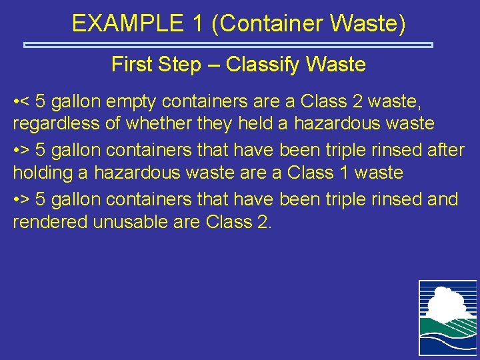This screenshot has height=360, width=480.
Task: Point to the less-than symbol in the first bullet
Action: click(x=25, y=101)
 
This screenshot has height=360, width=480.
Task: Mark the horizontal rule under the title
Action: click(x=229, y=45)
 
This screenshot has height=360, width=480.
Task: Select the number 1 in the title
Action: click(x=197, y=24)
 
